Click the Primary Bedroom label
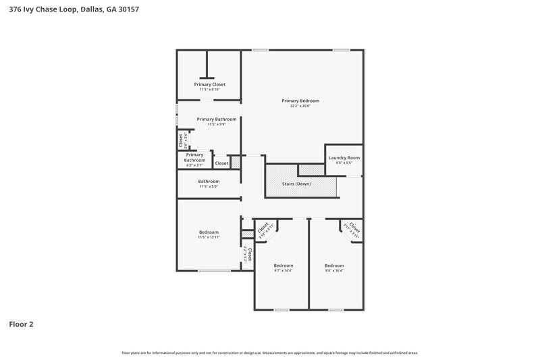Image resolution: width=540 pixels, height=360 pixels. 300,101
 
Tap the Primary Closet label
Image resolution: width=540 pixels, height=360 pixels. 209,84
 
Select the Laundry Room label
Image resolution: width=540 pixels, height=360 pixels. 344,158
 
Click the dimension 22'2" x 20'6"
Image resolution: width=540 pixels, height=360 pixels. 300,106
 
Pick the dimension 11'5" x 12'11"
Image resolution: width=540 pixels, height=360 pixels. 209,238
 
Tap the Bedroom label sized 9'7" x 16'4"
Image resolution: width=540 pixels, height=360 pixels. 283,265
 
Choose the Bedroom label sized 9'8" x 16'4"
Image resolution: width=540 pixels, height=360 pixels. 333,265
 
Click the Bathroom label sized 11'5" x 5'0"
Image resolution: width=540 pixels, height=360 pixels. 209,181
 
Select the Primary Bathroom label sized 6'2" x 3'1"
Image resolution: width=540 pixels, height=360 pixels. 194,157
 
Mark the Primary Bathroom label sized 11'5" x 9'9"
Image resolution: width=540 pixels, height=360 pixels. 216,119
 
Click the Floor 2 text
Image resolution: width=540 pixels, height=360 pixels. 21,324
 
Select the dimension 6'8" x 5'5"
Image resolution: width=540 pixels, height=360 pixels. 344,163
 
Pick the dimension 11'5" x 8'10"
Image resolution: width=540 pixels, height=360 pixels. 209,89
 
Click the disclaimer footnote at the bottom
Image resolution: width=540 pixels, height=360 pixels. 269,353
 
